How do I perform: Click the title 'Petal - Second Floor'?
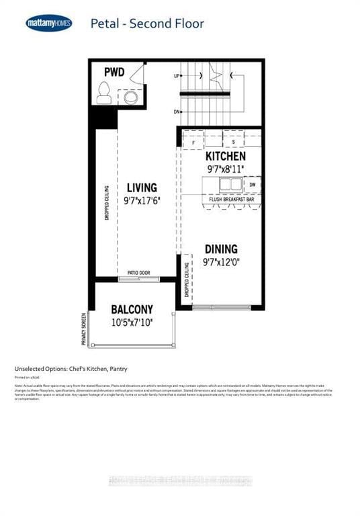[x=147, y=24]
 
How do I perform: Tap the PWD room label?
[x=114, y=72]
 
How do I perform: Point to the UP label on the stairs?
[x=177, y=77]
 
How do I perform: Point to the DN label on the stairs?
[x=177, y=112]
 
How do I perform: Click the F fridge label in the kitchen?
[x=194, y=143]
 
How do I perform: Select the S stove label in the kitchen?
[x=232, y=143]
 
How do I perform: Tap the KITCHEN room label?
[x=225, y=157]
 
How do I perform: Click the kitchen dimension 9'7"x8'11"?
[x=225, y=169]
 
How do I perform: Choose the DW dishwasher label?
[x=252, y=183]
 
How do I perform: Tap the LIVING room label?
[x=141, y=188]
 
